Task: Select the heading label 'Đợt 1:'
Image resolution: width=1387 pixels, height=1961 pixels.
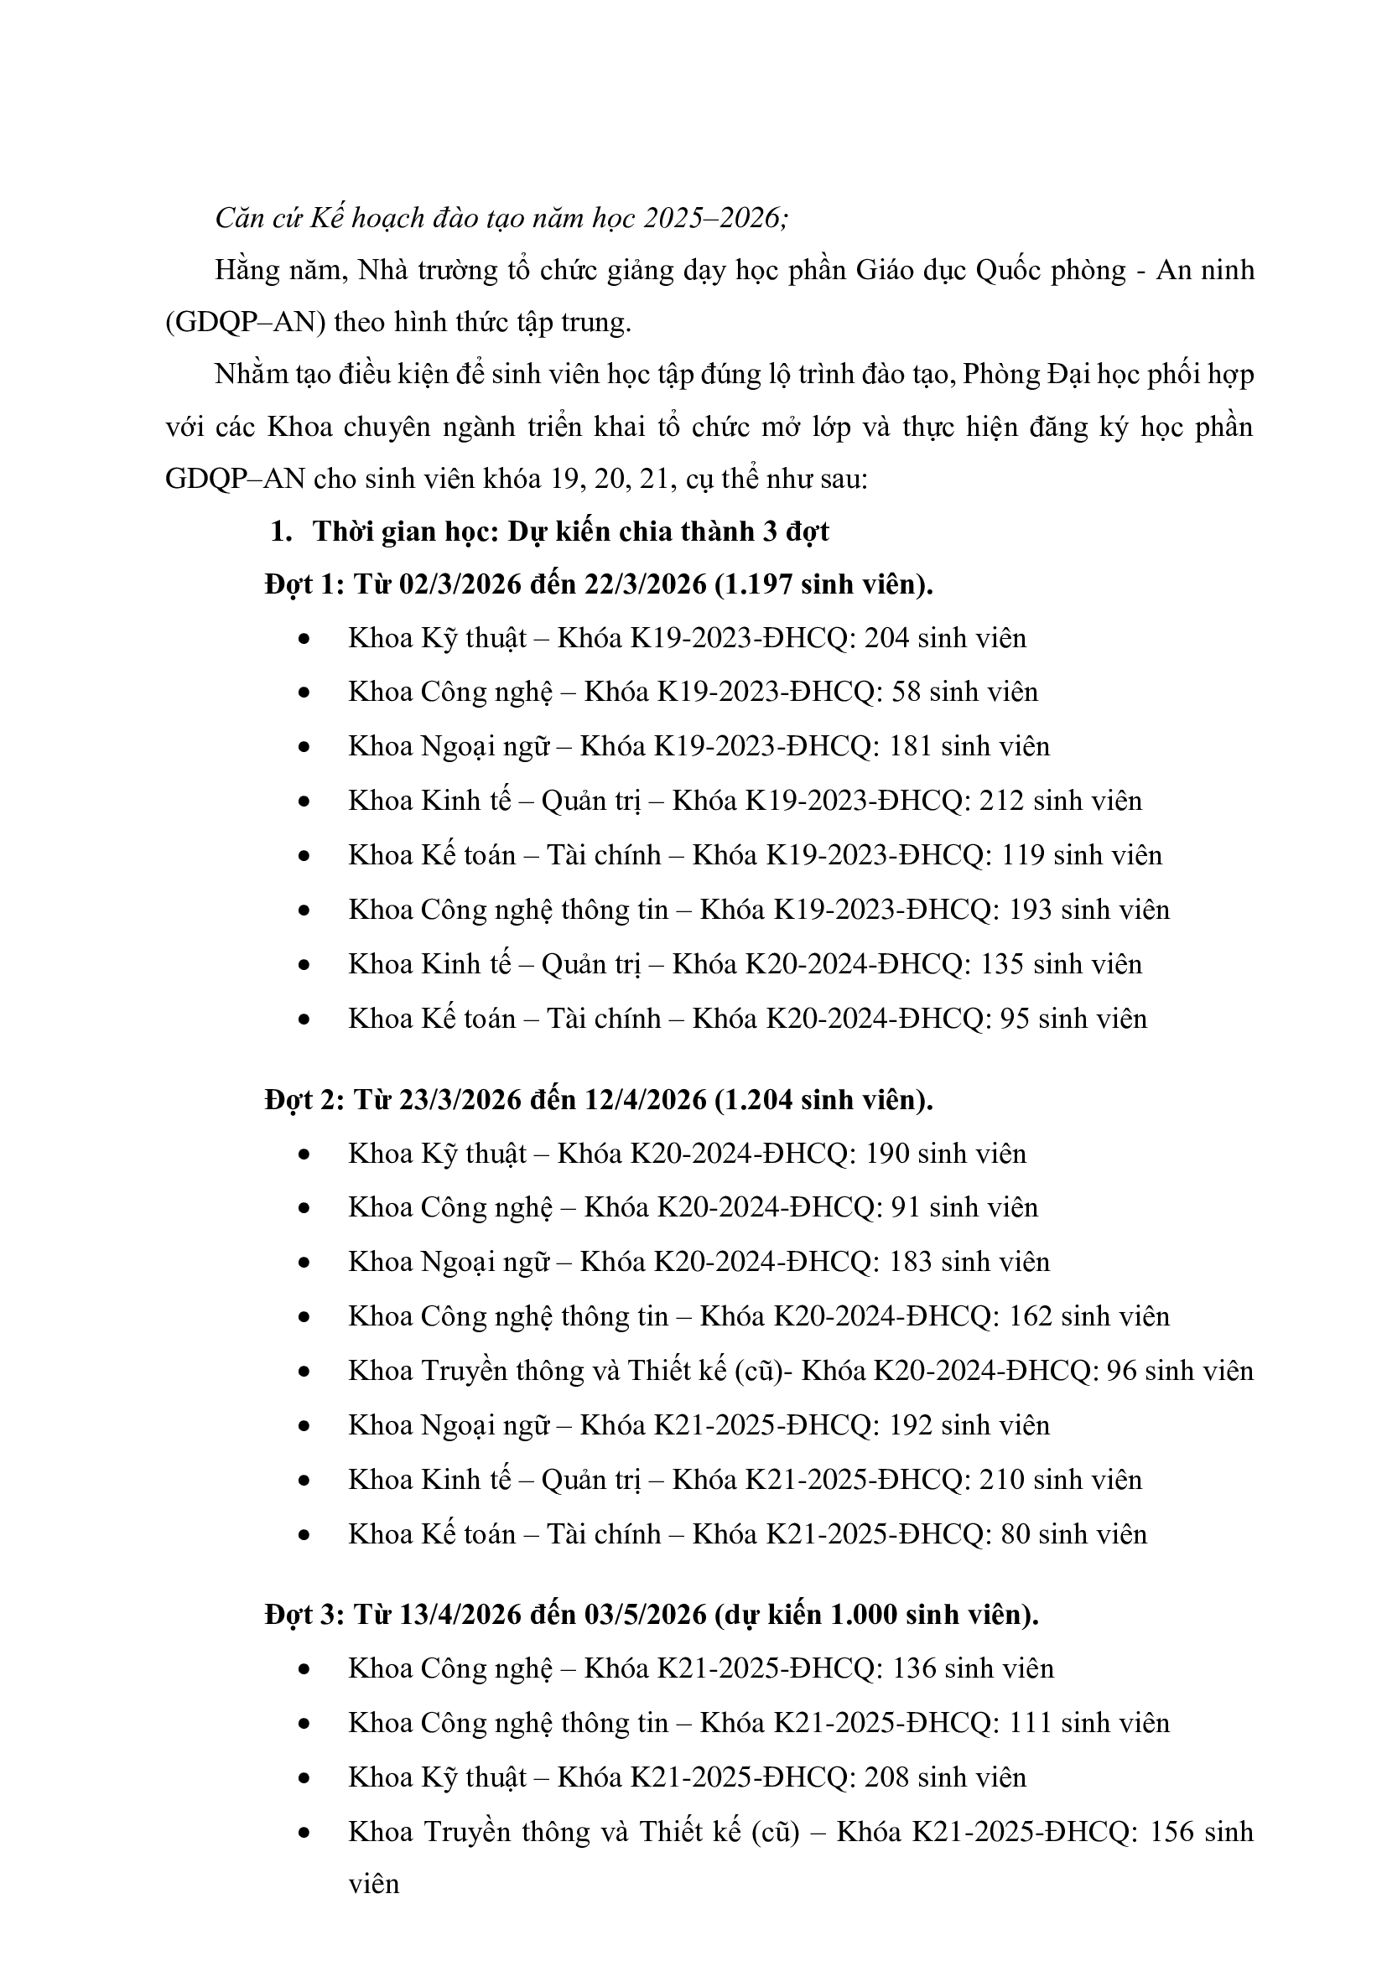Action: point(304,584)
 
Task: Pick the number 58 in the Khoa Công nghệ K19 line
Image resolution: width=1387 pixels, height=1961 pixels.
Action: point(906,692)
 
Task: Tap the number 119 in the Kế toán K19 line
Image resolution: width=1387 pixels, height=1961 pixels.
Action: point(1021,855)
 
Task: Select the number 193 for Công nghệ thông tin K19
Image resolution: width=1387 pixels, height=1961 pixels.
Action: point(1029,910)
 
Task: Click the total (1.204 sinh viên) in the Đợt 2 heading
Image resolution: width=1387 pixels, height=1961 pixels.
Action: point(824,1099)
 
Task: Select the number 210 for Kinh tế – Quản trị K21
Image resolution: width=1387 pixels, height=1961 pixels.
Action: point(1002,1479)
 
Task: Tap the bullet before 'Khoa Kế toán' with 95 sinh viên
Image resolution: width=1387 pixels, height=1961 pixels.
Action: point(304,1019)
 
